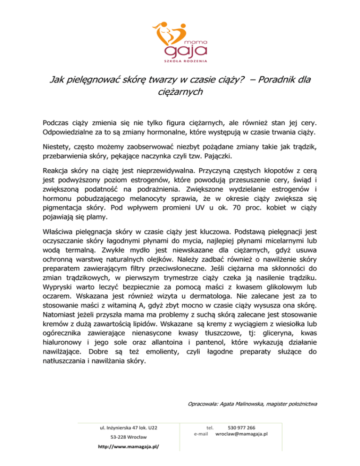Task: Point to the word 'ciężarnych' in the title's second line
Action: [x=180, y=92]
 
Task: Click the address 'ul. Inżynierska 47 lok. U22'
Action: [x=129, y=428]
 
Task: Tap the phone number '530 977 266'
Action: [x=241, y=428]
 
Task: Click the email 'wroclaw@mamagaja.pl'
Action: [x=241, y=434]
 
